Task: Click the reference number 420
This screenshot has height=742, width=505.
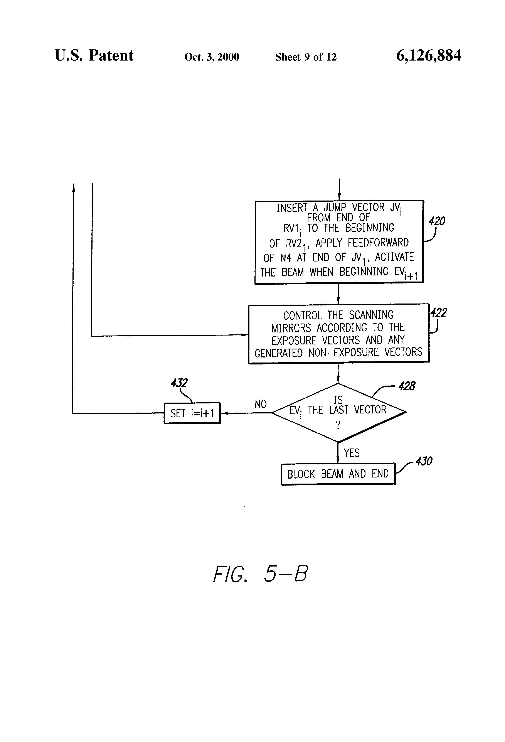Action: (437, 221)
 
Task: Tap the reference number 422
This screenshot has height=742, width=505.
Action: (439, 313)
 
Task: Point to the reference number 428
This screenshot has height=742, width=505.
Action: (407, 386)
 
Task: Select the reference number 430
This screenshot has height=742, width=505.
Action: (424, 461)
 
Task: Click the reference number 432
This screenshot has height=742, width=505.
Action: (179, 383)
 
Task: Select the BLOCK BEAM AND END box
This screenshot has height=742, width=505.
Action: (338, 474)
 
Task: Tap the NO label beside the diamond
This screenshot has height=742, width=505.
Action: (261, 404)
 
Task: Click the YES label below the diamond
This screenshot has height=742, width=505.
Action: (352, 453)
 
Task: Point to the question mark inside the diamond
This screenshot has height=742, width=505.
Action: (338, 425)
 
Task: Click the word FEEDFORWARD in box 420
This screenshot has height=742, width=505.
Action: (378, 243)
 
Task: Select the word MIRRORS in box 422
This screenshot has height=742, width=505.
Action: (291, 328)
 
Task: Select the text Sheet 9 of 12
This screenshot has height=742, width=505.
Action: (306, 57)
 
